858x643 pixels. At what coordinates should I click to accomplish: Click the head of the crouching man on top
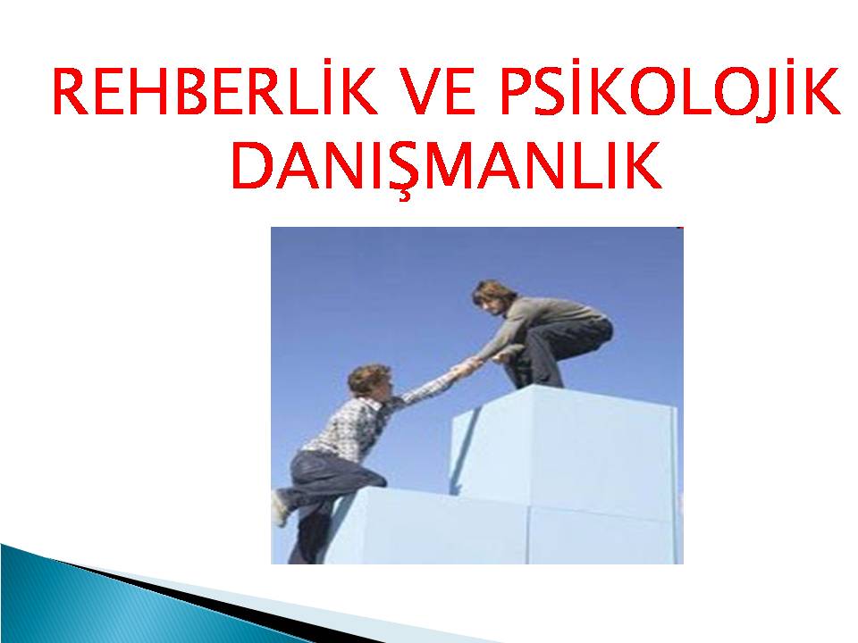click(x=493, y=298)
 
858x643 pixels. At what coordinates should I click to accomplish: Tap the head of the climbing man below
click(x=370, y=381)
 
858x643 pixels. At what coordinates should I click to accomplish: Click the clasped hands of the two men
click(x=467, y=366)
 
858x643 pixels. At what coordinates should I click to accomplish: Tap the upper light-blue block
click(x=564, y=448)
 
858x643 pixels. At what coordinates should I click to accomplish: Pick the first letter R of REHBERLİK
click(x=70, y=91)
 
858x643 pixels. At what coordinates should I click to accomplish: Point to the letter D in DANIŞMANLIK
click(x=253, y=165)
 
